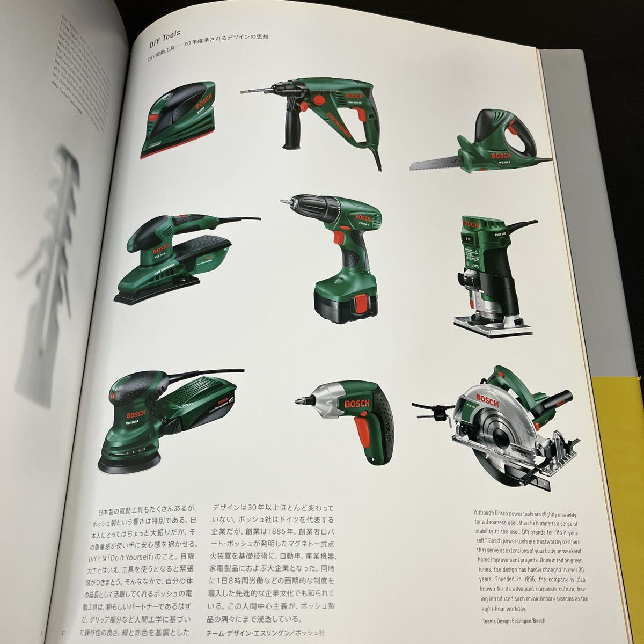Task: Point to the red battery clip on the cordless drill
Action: tap(358, 306)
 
